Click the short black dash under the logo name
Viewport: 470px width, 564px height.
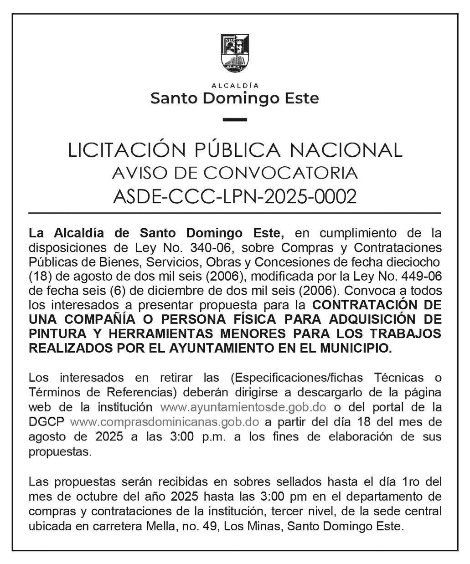coord(235,120)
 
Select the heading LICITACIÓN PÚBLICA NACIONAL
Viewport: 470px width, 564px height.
coord(235,150)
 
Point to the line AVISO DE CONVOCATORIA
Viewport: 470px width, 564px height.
coord(235,173)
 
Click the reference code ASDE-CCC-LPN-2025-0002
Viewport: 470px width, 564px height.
coord(235,197)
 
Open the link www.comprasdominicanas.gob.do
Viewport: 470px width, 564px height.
coord(165,421)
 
